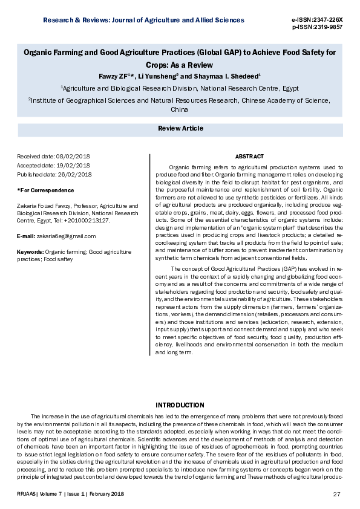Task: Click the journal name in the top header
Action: [x=143, y=20]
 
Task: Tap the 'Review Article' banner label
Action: [x=180, y=129]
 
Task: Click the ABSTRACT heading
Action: [x=249, y=157]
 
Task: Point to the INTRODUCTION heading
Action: [x=180, y=404]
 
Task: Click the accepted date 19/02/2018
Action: [x=74, y=166]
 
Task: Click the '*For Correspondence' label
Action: [x=46, y=190]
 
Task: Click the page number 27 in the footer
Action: [x=337, y=494]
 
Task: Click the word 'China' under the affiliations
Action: [x=180, y=109]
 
